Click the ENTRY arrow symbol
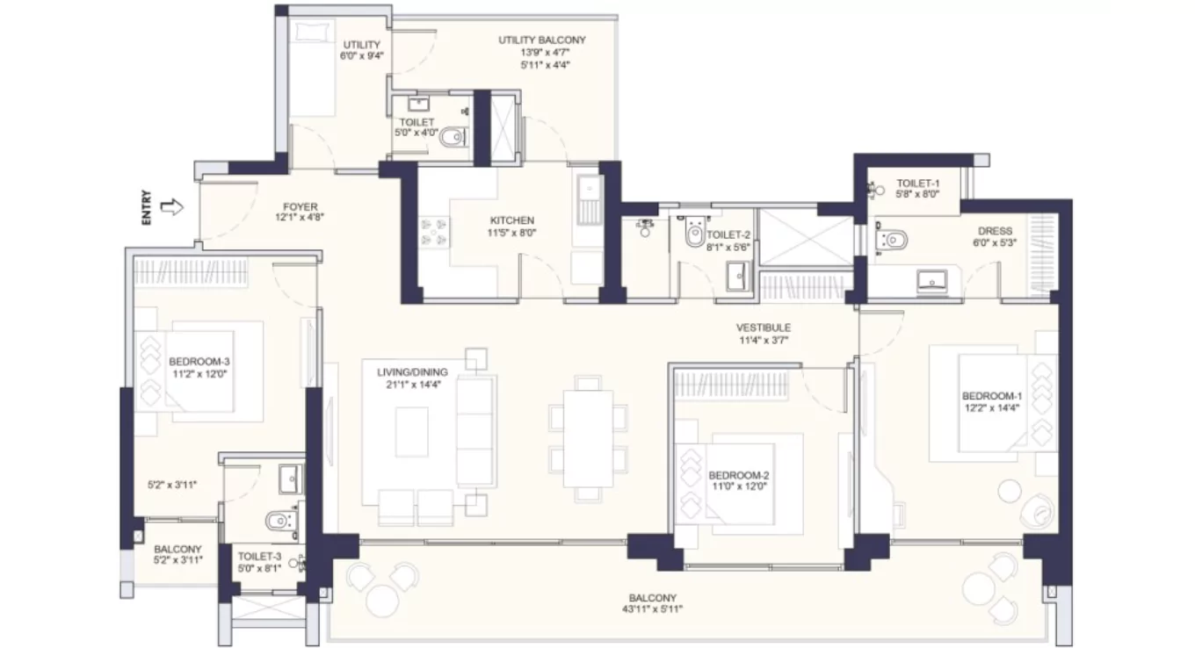tap(172, 208)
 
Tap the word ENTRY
tap(147, 209)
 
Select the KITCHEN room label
tap(512, 220)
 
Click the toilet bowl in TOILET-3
tap(279, 521)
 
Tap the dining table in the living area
tap(588, 436)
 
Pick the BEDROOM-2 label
tap(739, 476)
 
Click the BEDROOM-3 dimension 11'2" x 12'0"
tap(199, 373)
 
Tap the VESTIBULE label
tap(764, 328)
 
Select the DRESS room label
tap(995, 231)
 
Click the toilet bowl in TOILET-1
tap(893, 239)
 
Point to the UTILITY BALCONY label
tap(541, 40)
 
